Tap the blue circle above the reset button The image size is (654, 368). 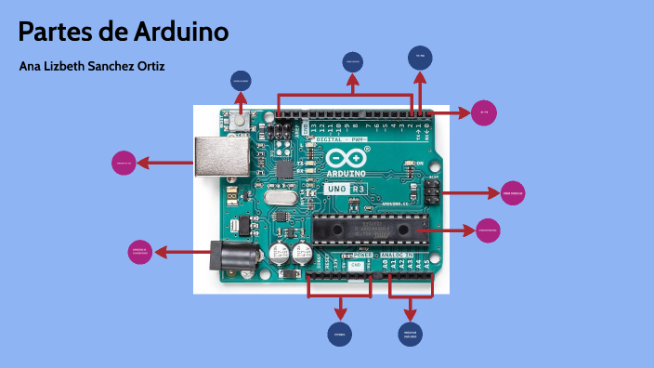(240, 82)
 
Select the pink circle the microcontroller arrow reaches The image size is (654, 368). (489, 230)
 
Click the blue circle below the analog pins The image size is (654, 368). (410, 333)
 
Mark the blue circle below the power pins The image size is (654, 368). (340, 333)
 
